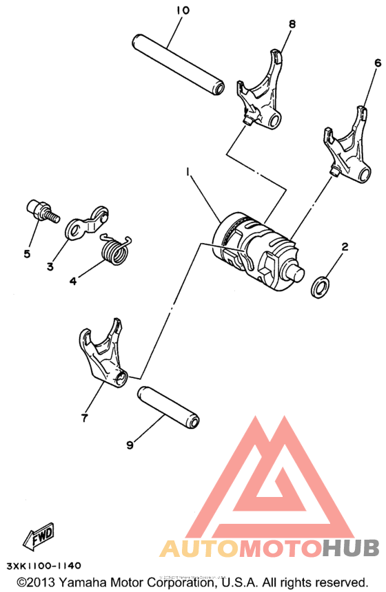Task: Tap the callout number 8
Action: coord(292,24)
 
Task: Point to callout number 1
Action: coord(186,169)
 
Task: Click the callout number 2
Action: coord(345,246)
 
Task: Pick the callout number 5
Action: coord(27,254)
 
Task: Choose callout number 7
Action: coord(84,417)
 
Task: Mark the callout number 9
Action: coord(129,445)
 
